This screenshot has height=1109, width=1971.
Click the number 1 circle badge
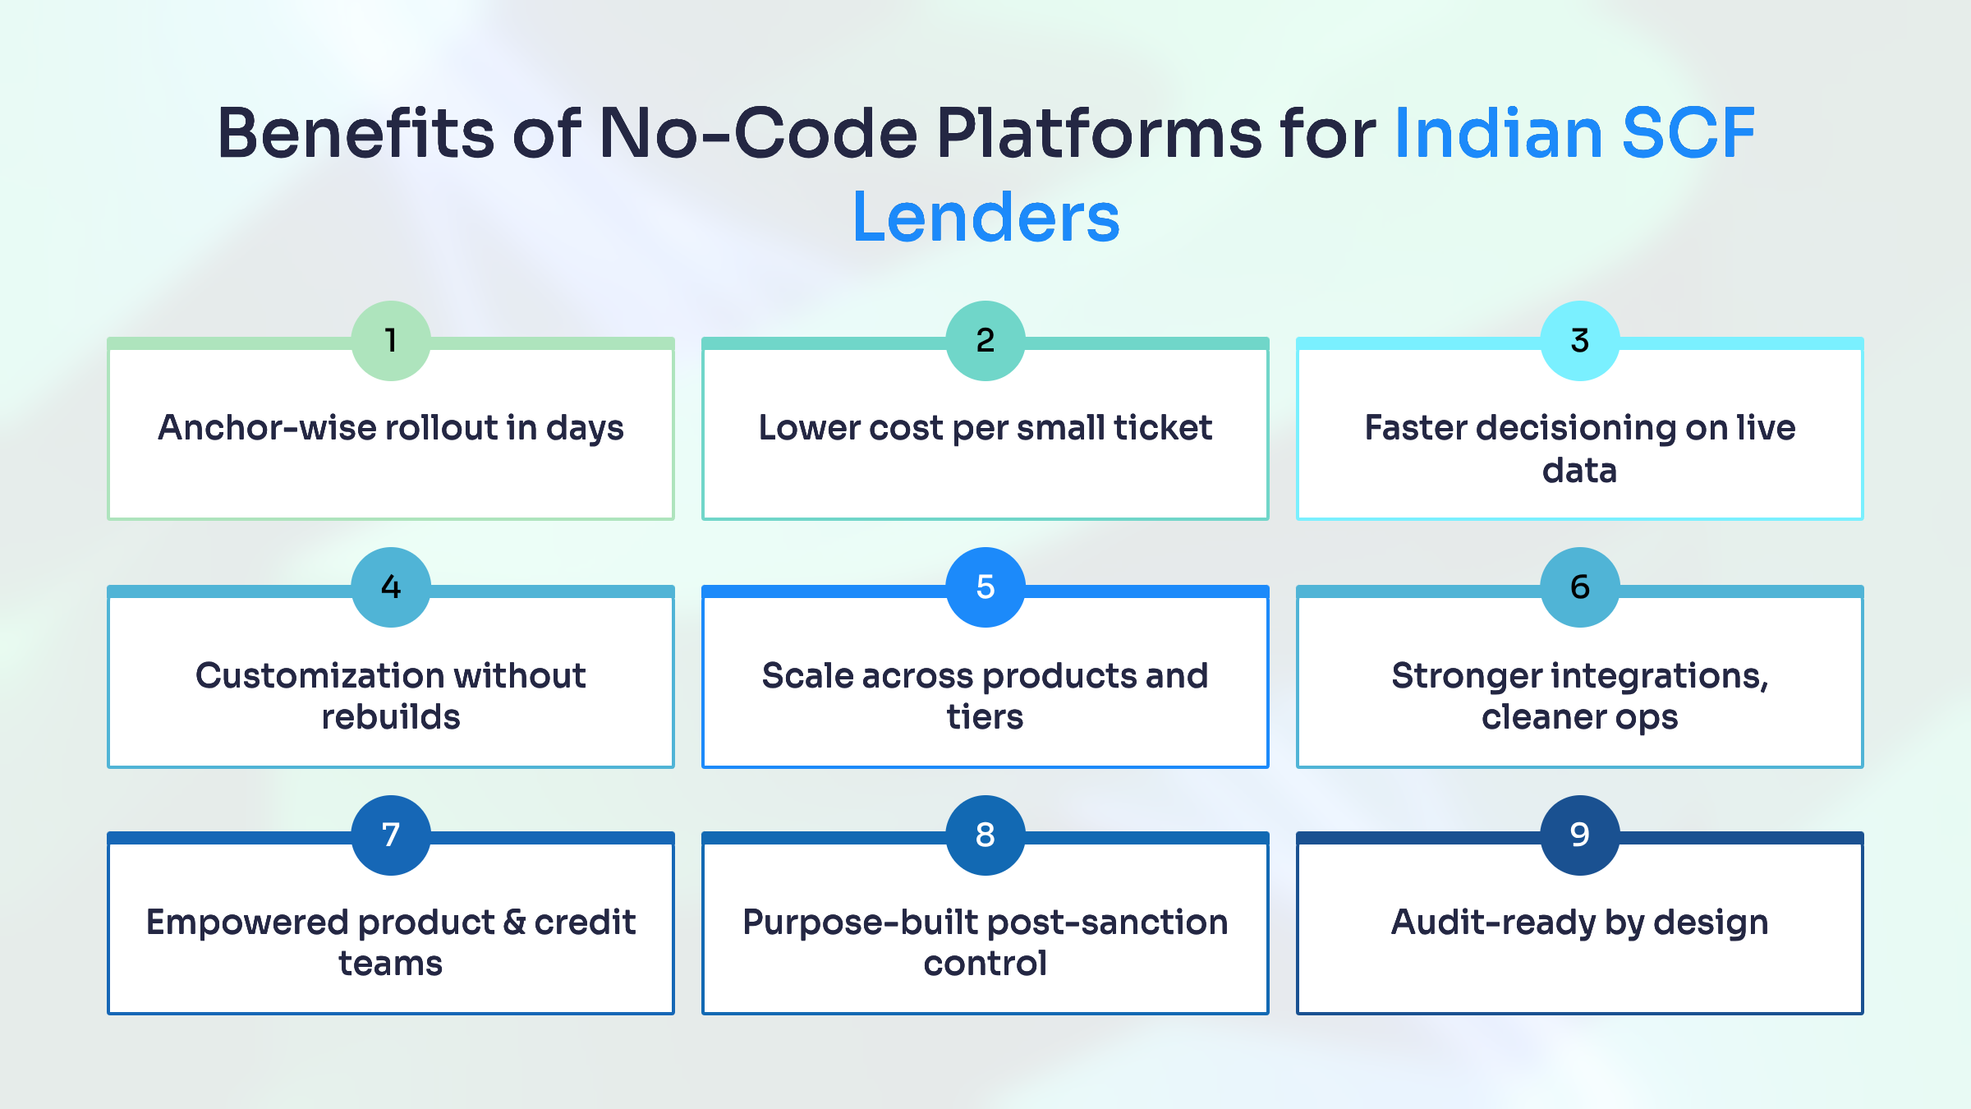tap(391, 340)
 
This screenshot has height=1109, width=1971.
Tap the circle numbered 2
tap(985, 340)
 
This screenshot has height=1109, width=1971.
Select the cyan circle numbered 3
tap(1579, 340)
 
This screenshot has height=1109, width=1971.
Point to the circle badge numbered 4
tap(391, 587)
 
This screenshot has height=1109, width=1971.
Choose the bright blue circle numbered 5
tap(985, 587)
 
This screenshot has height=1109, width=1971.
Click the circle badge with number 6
tap(1579, 587)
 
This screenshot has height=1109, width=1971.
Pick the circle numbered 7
tap(391, 835)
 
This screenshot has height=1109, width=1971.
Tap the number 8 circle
tap(985, 835)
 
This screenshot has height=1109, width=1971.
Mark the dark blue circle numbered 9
tap(1579, 835)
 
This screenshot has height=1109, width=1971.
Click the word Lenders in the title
tap(985, 217)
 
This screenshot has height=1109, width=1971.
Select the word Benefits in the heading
tap(356, 133)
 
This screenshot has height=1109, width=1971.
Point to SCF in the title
tap(1688, 133)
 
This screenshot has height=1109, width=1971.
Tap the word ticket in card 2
tap(1163, 428)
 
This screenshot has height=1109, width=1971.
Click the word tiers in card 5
tap(985, 717)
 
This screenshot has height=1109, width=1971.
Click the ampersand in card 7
tap(515, 923)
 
